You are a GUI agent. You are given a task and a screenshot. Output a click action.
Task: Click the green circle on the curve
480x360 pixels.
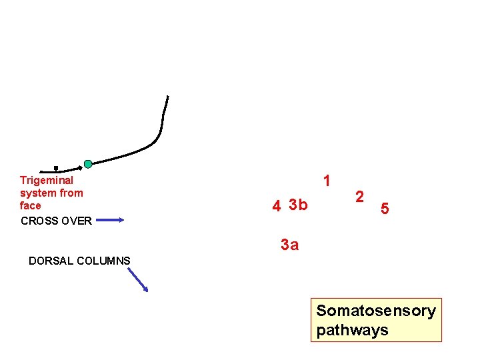click(x=88, y=164)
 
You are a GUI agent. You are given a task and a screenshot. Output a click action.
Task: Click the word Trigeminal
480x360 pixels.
click(x=47, y=180)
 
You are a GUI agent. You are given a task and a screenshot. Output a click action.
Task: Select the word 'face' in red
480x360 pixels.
click(x=31, y=206)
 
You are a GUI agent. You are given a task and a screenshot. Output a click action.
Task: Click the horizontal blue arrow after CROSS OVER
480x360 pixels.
click(x=109, y=219)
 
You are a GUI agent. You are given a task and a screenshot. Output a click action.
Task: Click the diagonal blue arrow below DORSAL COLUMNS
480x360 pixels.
click(x=138, y=279)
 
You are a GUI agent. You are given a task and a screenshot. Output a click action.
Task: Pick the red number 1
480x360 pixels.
click(x=327, y=181)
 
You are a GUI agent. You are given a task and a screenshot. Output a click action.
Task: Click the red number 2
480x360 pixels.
click(x=360, y=197)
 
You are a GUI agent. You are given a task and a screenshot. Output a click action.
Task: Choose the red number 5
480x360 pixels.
click(x=385, y=209)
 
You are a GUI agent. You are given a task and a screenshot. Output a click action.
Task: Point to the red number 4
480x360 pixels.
click(x=276, y=206)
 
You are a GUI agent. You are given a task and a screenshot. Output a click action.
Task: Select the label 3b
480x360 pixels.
click(x=299, y=205)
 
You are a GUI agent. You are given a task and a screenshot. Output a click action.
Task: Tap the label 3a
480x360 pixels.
click(x=290, y=245)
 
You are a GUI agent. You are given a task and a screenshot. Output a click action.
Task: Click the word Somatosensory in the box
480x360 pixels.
click(x=376, y=311)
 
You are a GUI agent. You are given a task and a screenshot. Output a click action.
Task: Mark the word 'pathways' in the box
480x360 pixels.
click(x=352, y=330)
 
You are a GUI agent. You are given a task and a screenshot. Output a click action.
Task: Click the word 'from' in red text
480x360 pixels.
click(x=71, y=193)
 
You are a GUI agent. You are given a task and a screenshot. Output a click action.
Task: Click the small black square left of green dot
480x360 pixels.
click(x=56, y=168)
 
